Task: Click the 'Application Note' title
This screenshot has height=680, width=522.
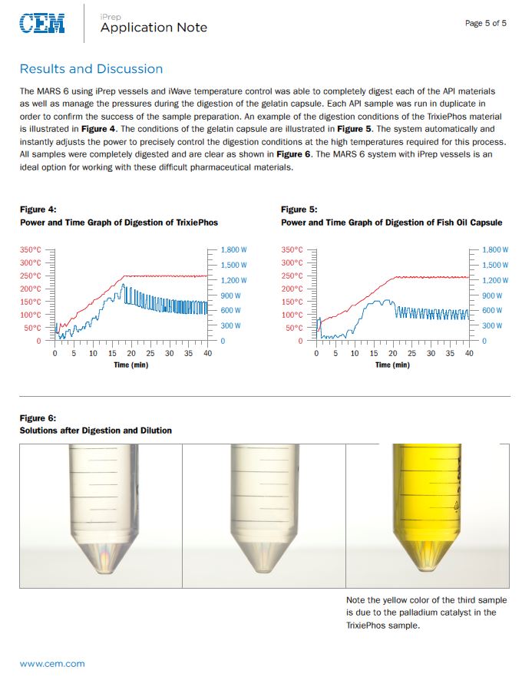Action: click(x=154, y=28)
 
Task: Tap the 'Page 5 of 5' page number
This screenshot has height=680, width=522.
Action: click(x=485, y=23)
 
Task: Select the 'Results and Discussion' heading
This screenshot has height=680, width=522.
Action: click(x=91, y=69)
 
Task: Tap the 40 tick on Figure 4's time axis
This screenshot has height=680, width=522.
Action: click(x=207, y=354)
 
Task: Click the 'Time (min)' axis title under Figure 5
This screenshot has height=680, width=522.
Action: click(x=392, y=365)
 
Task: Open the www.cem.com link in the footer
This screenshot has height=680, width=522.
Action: click(x=52, y=663)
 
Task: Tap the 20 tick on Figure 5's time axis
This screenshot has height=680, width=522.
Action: click(x=392, y=354)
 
